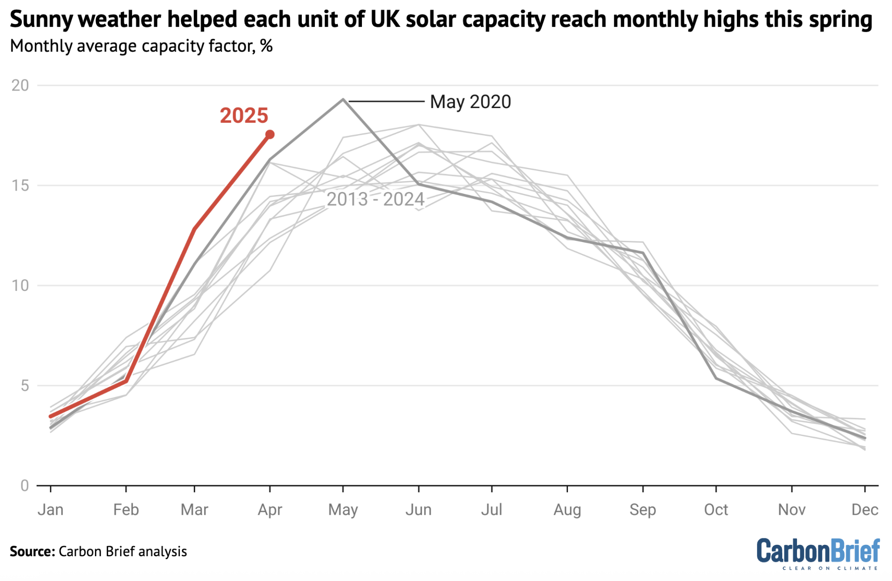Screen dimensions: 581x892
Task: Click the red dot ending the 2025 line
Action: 270,135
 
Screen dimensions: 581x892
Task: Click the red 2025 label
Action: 243,116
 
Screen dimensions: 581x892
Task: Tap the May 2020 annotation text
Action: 470,102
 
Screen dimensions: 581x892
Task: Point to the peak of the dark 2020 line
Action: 343,99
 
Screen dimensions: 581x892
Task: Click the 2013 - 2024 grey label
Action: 375,199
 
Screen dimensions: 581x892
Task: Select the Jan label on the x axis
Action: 51,510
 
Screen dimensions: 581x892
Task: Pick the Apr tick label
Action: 270,510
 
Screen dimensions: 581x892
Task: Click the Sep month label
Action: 642,510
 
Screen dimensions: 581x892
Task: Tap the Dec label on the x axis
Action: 865,510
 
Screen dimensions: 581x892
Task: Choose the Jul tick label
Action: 491,510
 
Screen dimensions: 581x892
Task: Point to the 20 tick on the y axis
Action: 20,85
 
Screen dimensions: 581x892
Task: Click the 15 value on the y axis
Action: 20,186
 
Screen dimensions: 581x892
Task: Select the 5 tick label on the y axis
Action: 24,386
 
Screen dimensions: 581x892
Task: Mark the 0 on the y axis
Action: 24,486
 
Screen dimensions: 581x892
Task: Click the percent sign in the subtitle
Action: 267,46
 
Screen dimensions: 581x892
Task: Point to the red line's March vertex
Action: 194,229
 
